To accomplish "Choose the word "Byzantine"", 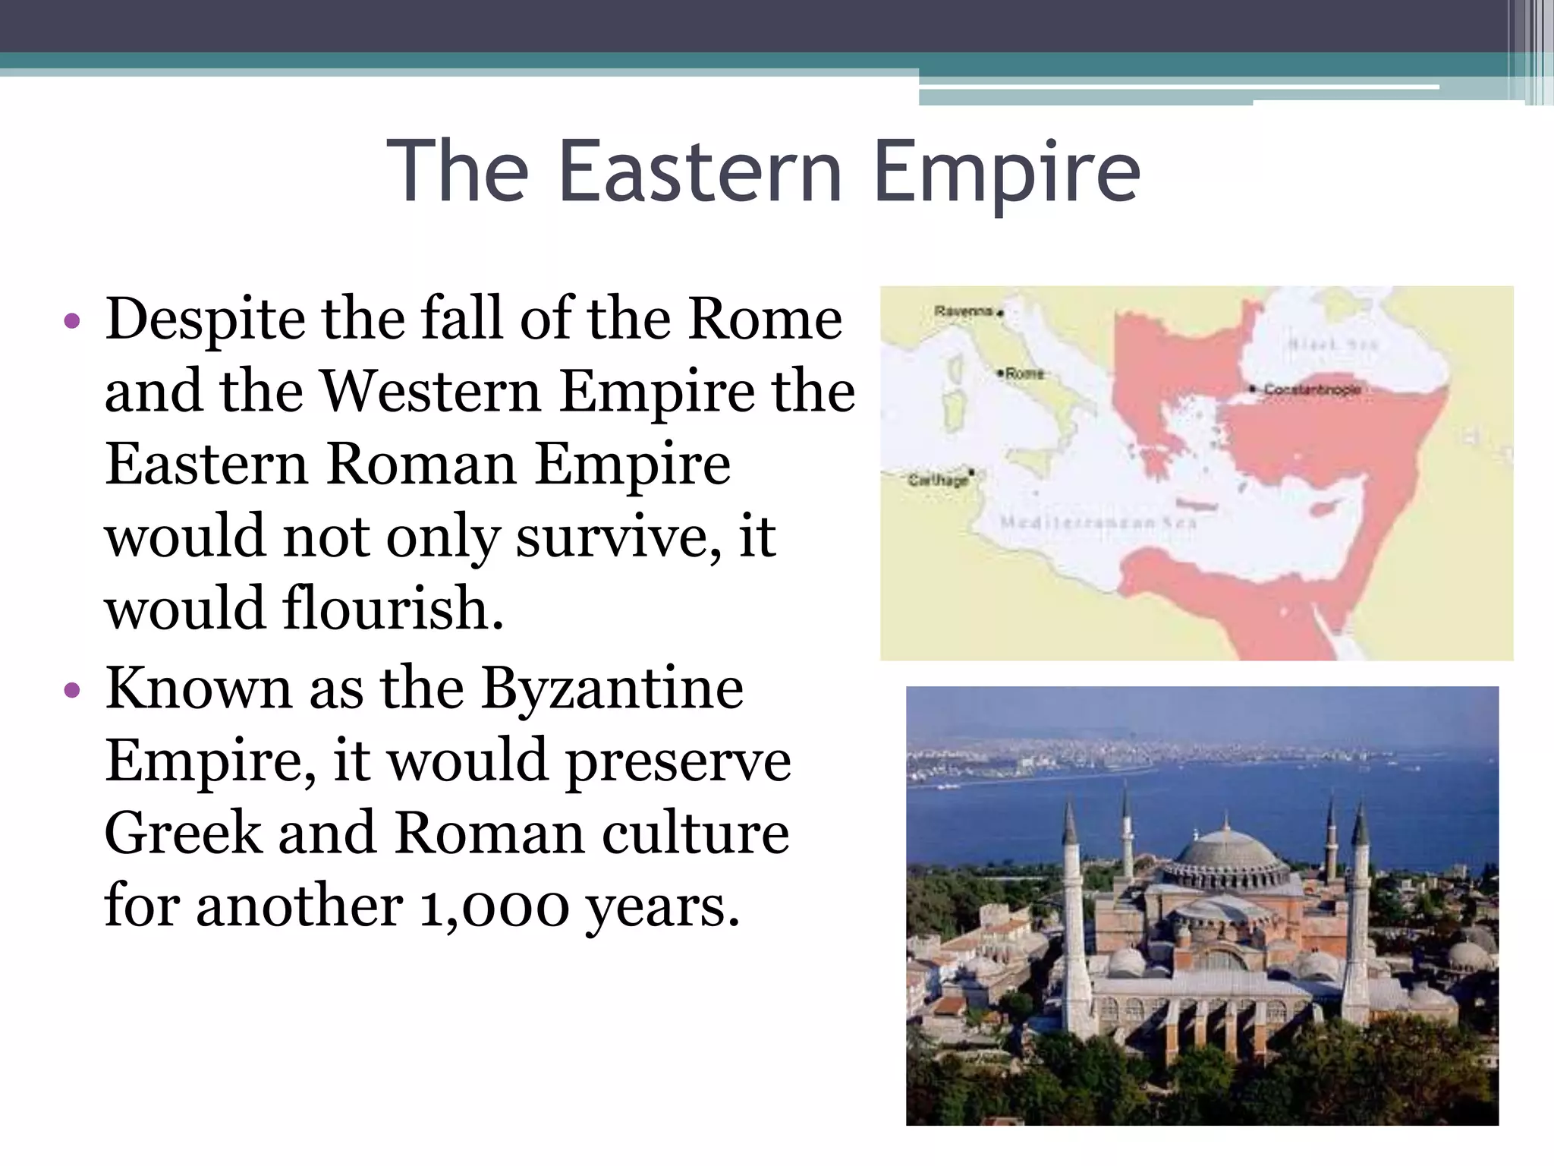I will (612, 689).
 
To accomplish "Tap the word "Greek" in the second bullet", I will (182, 834).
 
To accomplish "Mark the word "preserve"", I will (678, 761).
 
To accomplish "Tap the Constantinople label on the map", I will (1311, 389).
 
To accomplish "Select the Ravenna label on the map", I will (964, 311).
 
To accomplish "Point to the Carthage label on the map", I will (938, 481).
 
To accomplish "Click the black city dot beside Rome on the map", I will (1001, 373).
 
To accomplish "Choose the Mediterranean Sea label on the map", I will (1097, 523).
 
